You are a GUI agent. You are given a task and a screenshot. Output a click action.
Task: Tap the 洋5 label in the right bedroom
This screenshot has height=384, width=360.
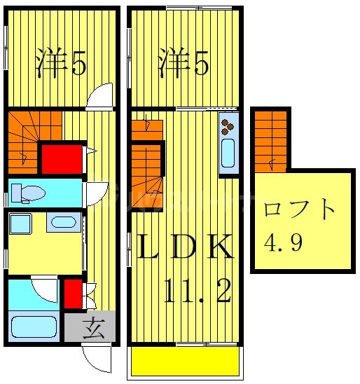tap(183, 64)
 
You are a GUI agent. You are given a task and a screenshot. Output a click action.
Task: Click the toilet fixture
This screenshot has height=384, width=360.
tap(27, 192)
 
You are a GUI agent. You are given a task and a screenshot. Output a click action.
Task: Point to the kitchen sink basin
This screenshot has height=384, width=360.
tap(228, 155)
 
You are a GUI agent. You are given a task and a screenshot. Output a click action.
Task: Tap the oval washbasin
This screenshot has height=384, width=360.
tap(64, 224)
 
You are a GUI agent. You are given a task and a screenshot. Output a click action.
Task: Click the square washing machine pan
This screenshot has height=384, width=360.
tap(20, 224)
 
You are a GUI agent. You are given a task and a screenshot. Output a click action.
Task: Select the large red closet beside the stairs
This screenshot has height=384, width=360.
tap(60, 159)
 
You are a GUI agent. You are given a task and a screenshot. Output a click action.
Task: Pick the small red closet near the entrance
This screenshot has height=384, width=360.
tap(71, 294)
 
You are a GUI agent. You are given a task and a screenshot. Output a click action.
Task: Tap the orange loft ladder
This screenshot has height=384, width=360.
tap(270, 139)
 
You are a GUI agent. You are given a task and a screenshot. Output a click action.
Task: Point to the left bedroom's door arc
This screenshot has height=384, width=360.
tap(100, 95)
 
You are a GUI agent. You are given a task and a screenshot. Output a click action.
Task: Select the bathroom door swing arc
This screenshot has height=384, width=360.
tap(46, 288)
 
